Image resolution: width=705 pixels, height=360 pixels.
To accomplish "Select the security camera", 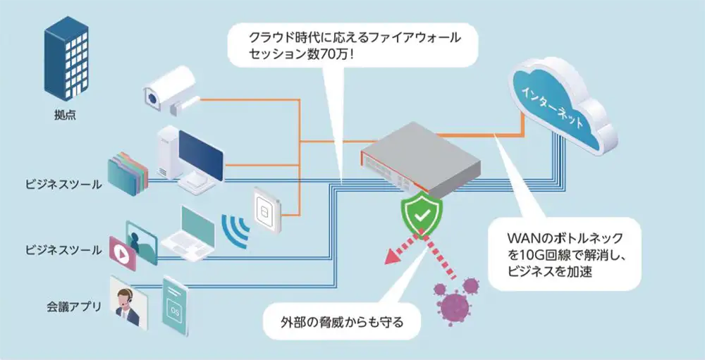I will point(170,89).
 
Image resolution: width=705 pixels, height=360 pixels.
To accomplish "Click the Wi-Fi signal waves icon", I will point(235,227).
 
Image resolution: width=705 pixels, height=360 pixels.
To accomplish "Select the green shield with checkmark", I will point(422,216).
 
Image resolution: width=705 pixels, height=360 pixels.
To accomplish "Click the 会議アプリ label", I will point(70,307).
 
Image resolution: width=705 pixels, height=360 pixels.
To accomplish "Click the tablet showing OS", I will point(174,304).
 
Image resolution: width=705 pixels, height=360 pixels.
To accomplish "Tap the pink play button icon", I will point(118,249).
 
